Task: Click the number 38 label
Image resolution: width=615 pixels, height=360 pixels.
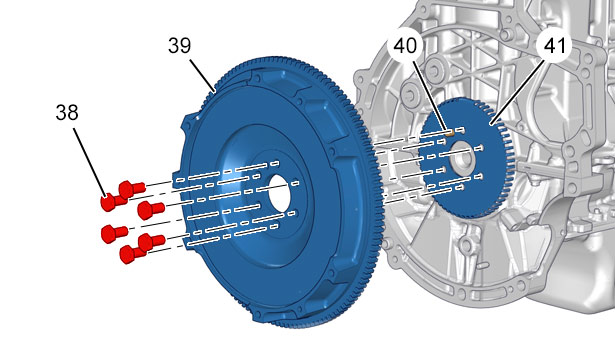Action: tap(67, 113)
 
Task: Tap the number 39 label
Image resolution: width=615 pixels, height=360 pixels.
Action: tap(180, 45)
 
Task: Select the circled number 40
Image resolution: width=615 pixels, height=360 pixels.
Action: tap(405, 45)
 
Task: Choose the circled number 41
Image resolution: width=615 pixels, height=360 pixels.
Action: tap(555, 46)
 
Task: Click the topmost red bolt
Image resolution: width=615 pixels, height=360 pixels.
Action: tap(132, 189)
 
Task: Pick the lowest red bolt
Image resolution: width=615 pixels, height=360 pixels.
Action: tap(132, 253)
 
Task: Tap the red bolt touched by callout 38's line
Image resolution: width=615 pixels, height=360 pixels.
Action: tap(113, 202)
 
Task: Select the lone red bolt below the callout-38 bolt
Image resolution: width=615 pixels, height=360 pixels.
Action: tap(114, 233)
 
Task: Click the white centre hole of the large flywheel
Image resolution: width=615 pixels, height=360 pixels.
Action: tap(279, 192)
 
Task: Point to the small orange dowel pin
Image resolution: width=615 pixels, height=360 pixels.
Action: tap(451, 132)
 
